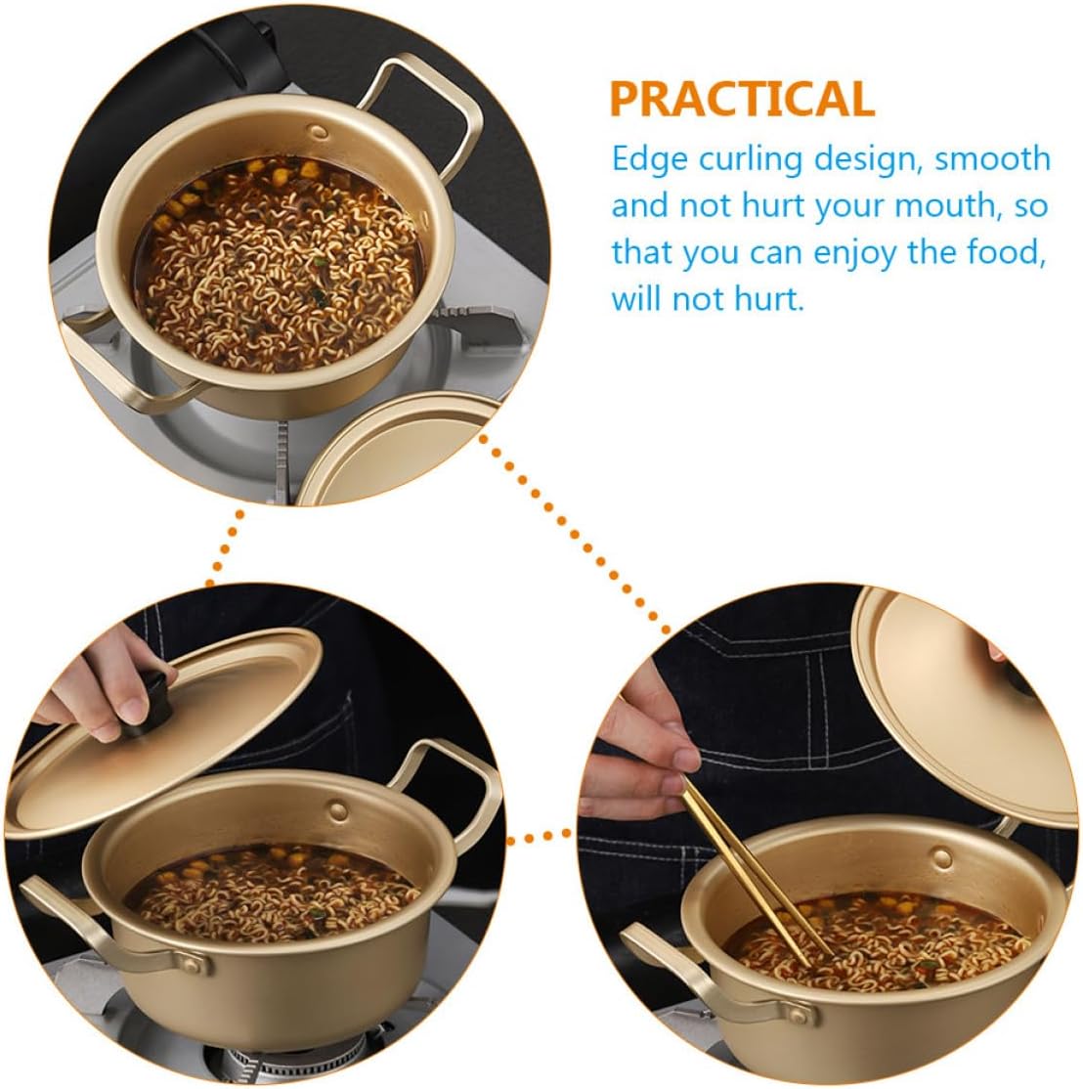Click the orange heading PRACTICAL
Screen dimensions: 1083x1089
tap(742, 99)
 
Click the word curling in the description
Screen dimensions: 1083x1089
tap(751, 160)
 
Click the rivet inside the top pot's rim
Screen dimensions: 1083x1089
tap(320, 131)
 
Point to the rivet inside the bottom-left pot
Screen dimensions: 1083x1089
tap(338, 808)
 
